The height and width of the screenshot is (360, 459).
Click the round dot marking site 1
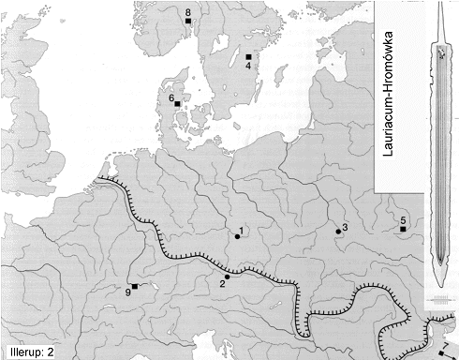237,237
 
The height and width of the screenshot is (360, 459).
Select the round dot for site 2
228,276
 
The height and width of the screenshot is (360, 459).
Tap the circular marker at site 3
338,231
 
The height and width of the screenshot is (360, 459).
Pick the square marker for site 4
248,57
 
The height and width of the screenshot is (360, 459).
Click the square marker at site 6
177,104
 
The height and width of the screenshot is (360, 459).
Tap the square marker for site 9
135,286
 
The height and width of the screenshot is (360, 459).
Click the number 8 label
188,11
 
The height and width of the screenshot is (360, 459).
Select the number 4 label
248,67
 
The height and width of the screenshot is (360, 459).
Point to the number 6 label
170,97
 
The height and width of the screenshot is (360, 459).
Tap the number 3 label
345,227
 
